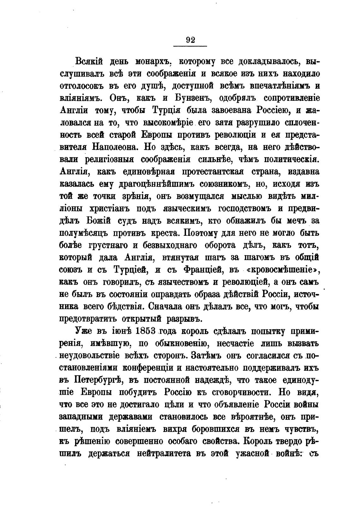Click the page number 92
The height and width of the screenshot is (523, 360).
pos(190,40)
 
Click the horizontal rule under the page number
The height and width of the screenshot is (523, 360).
pos(190,46)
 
